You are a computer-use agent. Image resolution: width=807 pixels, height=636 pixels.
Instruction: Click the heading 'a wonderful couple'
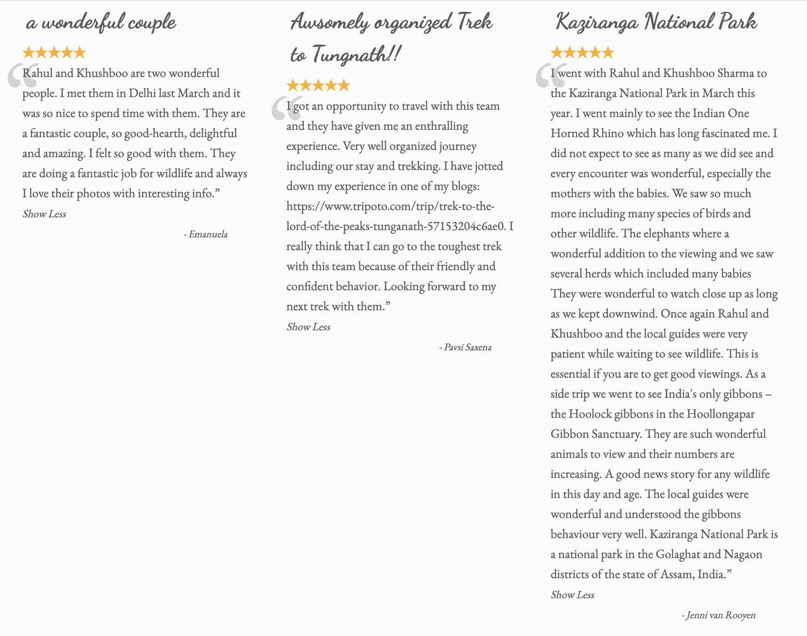click(x=101, y=22)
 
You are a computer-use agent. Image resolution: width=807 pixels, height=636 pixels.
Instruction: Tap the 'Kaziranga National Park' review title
click(x=656, y=22)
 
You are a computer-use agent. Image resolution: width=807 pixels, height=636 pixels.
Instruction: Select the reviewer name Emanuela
click(x=208, y=234)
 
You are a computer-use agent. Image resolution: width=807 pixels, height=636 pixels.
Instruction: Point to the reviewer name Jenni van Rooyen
click(x=720, y=615)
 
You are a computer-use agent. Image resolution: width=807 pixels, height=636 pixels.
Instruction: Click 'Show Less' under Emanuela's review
click(x=44, y=214)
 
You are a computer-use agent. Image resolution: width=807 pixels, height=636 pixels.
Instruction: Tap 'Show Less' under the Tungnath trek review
click(x=308, y=327)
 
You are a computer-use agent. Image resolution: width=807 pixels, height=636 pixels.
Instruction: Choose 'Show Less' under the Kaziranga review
click(x=572, y=595)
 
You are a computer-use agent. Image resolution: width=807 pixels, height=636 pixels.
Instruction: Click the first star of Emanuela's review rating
click(x=29, y=53)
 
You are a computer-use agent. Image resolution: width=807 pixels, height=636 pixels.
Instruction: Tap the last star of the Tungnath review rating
click(x=344, y=86)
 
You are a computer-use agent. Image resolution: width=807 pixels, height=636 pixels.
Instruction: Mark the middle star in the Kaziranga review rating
click(x=582, y=53)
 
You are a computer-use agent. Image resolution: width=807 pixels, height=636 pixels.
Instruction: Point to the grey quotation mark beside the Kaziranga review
click(x=550, y=76)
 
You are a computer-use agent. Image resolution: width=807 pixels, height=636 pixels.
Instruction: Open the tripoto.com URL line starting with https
click(x=390, y=206)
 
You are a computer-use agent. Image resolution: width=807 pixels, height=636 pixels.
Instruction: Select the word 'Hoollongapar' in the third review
click(x=720, y=414)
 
